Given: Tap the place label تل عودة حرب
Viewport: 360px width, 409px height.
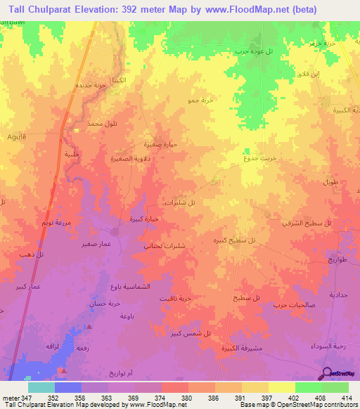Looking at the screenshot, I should tap(251, 51).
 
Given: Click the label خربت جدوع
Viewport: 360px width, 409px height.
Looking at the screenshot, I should tap(261, 158).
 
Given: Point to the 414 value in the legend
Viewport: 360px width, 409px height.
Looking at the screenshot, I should tap(345, 398).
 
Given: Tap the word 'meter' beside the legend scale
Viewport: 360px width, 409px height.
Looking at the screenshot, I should tap(13, 398).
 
